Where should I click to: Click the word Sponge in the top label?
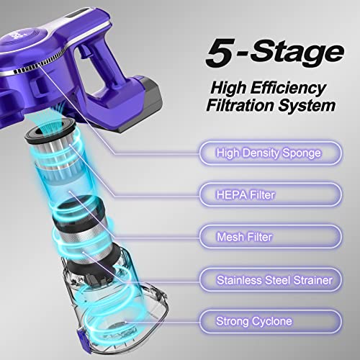(303, 153)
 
